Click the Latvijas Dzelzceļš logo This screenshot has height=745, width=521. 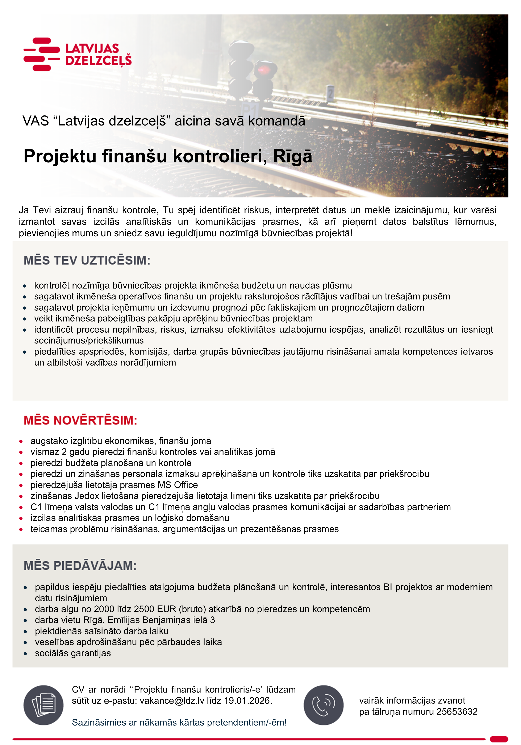77,54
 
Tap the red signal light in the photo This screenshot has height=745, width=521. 262,69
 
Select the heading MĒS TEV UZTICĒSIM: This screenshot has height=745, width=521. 87,261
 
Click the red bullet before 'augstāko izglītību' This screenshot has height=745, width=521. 21,441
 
